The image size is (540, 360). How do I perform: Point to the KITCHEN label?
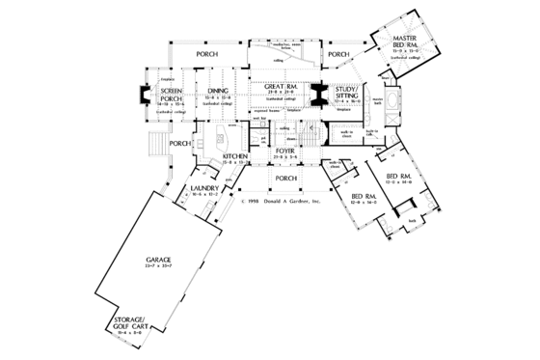pyautogui.click(x=236, y=156)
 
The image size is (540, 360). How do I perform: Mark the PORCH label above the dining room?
pyautogui.click(x=206, y=55)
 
